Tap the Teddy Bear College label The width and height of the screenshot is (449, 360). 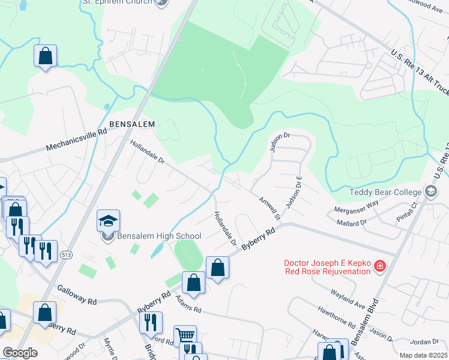click(384, 193)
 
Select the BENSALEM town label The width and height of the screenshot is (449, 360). click(132, 124)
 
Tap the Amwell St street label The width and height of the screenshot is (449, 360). click(270, 207)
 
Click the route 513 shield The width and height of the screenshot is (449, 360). click(65, 256)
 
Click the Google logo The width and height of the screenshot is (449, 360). click(20, 353)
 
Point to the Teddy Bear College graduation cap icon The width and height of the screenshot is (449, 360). click(430, 192)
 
